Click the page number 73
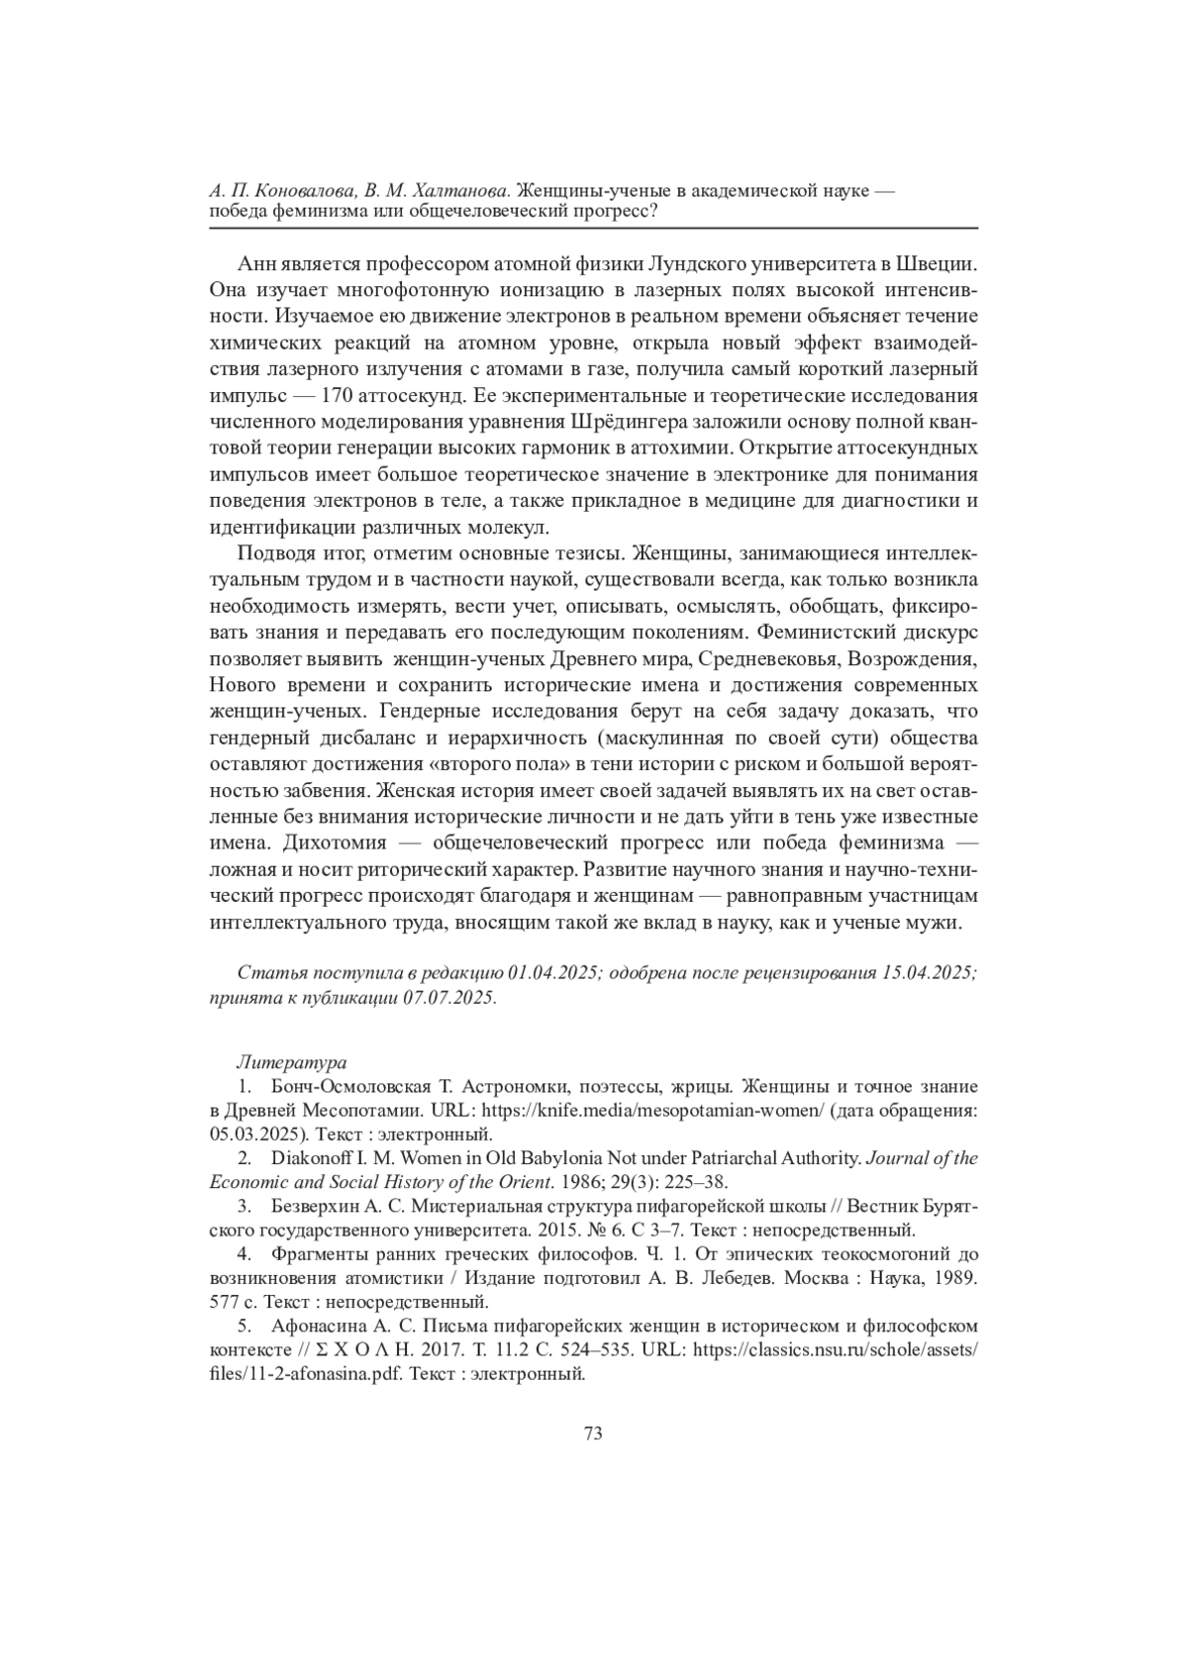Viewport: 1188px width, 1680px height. pos(594,1433)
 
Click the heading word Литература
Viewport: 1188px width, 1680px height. pos(291,1062)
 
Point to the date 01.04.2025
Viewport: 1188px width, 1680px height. pos(554,972)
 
